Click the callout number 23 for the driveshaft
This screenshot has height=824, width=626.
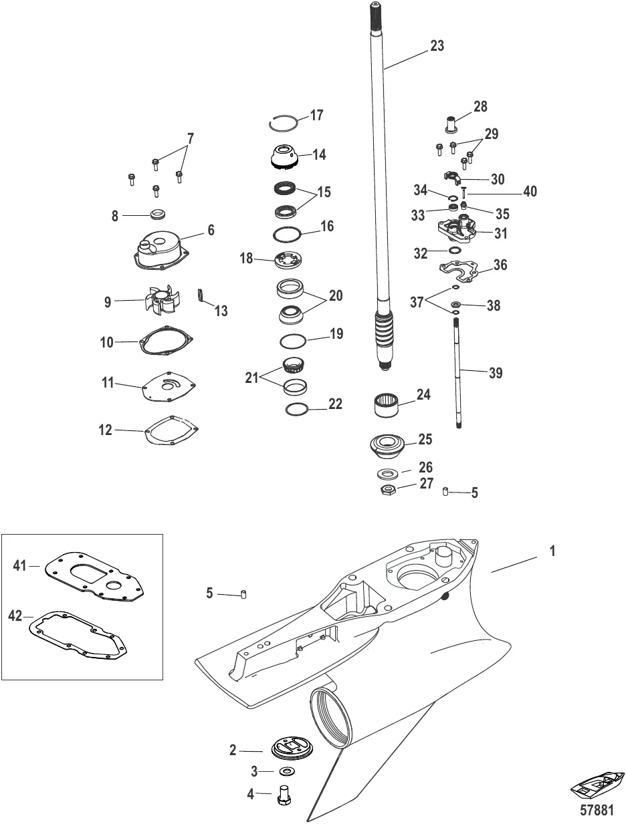(x=437, y=47)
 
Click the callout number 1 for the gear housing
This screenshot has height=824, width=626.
(x=552, y=552)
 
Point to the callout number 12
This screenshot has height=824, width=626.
(x=105, y=431)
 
